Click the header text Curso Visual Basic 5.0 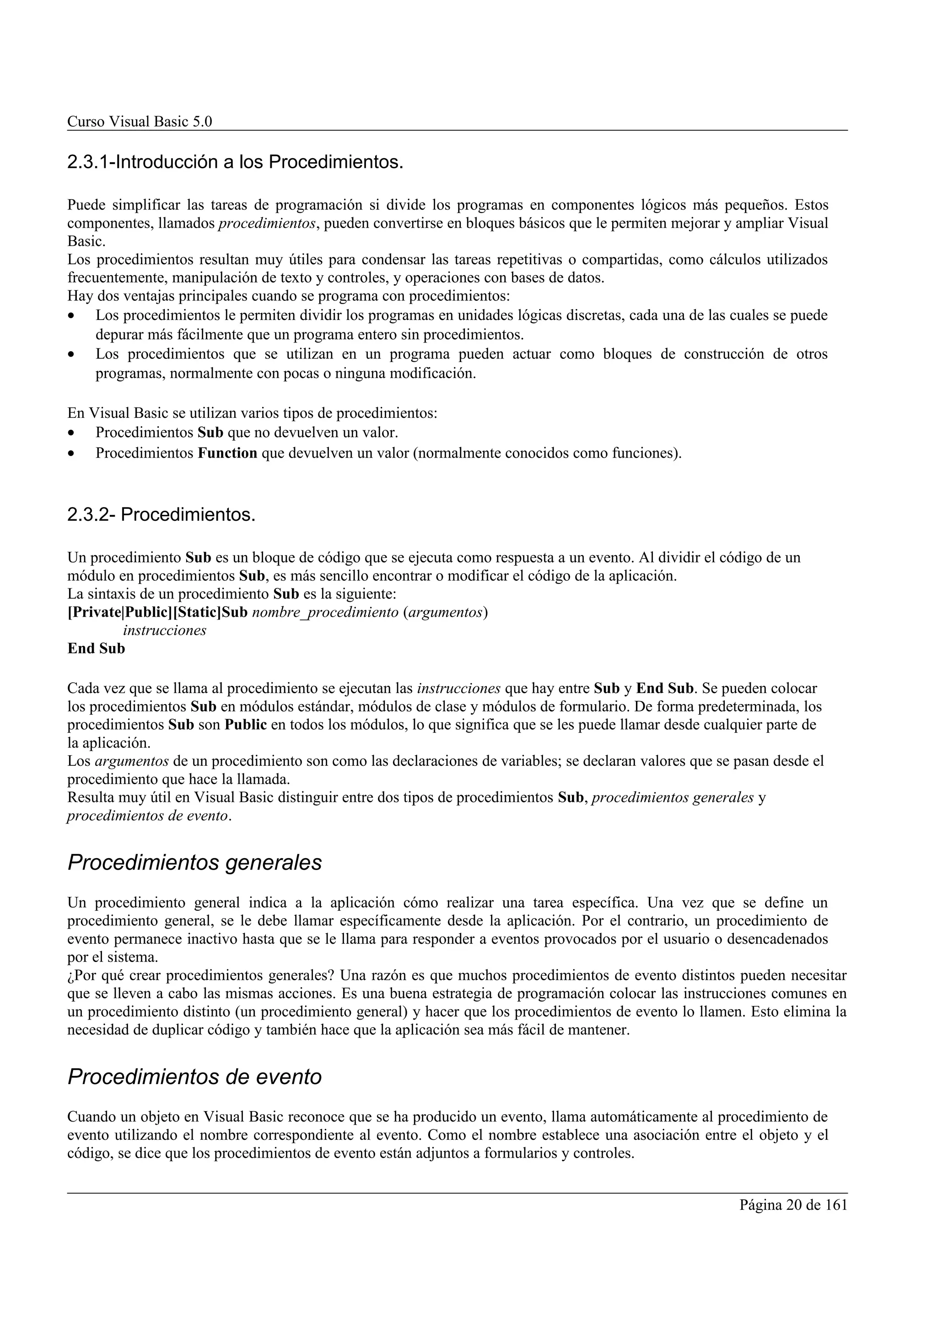[140, 122]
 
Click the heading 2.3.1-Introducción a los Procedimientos [235, 163]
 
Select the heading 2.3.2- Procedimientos [161, 515]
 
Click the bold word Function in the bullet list [227, 453]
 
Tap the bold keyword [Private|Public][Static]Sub [157, 612]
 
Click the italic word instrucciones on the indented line [165, 630]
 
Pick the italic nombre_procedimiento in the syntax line [325, 612]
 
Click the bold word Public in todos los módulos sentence [245, 725]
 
